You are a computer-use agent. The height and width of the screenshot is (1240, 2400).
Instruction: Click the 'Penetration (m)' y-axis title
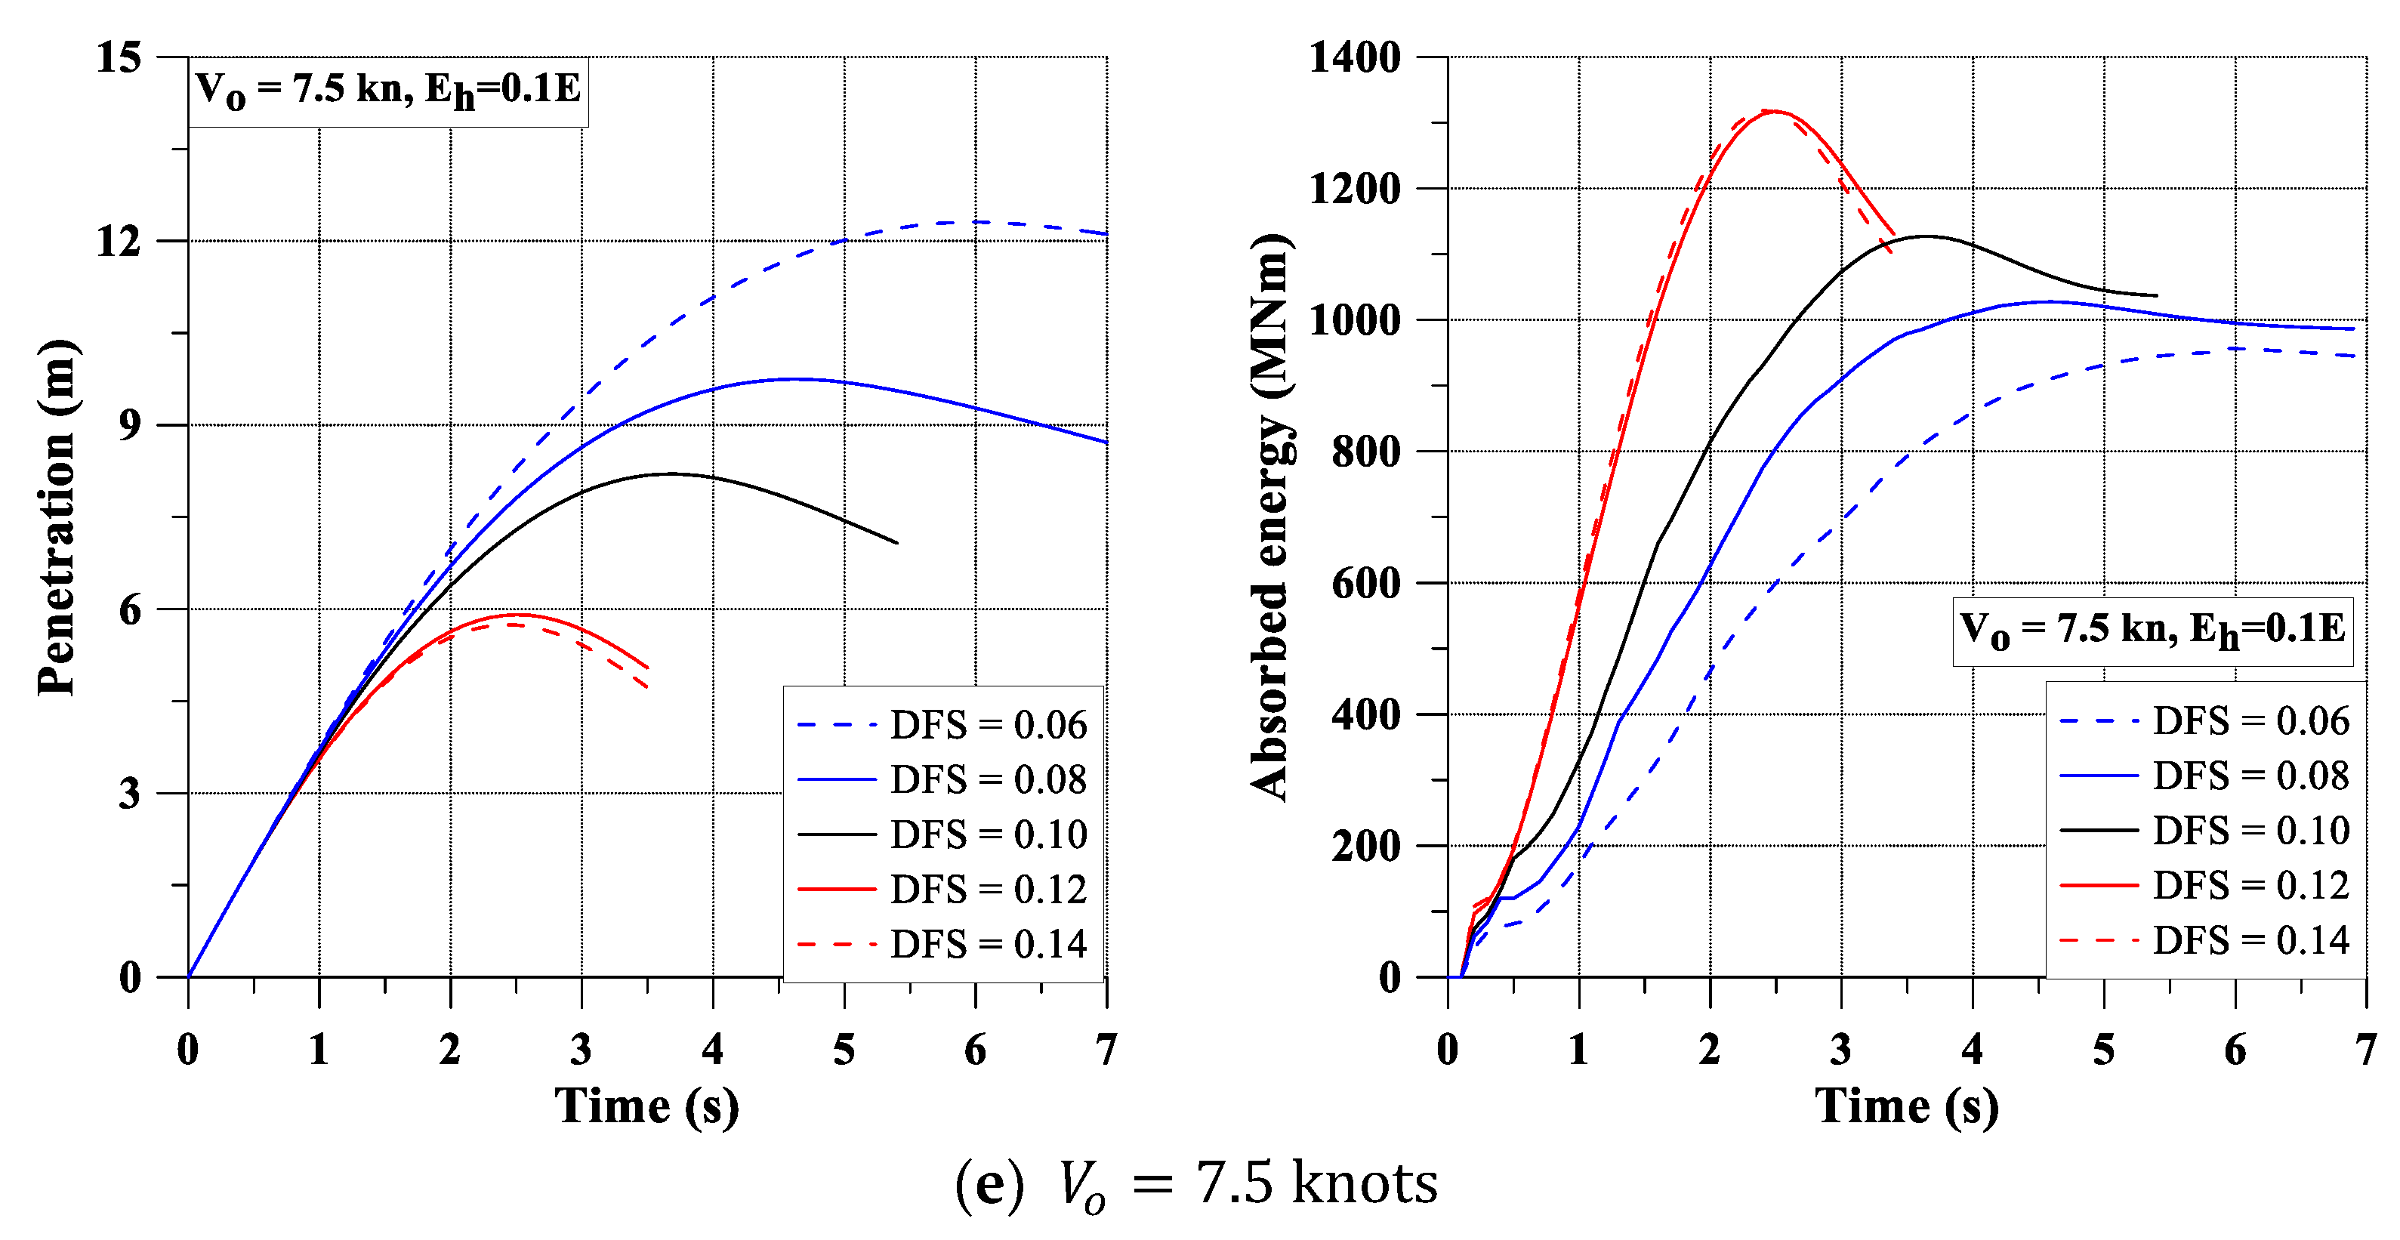point(57,517)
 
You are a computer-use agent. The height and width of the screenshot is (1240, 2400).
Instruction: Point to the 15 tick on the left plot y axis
point(119,57)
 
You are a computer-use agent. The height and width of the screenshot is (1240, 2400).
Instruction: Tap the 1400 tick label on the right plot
point(1355,57)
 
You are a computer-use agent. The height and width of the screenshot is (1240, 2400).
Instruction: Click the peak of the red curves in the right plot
point(1772,111)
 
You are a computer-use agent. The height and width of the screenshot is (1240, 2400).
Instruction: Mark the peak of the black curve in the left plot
point(671,473)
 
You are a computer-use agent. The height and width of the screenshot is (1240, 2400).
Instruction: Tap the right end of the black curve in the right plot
point(2157,295)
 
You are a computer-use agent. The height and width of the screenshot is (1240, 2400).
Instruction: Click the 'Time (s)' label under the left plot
point(646,1106)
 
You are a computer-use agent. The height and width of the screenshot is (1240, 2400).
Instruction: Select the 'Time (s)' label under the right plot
point(1907,1106)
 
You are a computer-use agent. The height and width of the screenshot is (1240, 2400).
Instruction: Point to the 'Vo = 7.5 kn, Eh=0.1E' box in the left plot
point(388,91)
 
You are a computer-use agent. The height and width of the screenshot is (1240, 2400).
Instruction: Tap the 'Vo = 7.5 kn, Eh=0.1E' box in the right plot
point(2152,631)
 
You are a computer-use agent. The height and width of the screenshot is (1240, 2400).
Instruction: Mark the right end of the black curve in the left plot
point(896,542)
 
